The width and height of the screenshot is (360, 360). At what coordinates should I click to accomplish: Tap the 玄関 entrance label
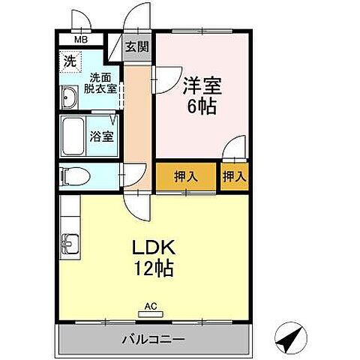(136, 46)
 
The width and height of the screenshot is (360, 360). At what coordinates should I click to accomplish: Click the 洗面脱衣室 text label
(103, 82)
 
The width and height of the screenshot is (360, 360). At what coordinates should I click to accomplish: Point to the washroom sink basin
(68, 97)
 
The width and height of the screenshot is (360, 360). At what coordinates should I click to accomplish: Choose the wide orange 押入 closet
(186, 177)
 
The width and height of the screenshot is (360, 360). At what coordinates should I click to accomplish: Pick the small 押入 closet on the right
(234, 177)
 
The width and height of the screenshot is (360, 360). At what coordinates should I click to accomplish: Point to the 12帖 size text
(155, 268)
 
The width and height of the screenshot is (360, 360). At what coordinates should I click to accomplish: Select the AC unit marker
(151, 306)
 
